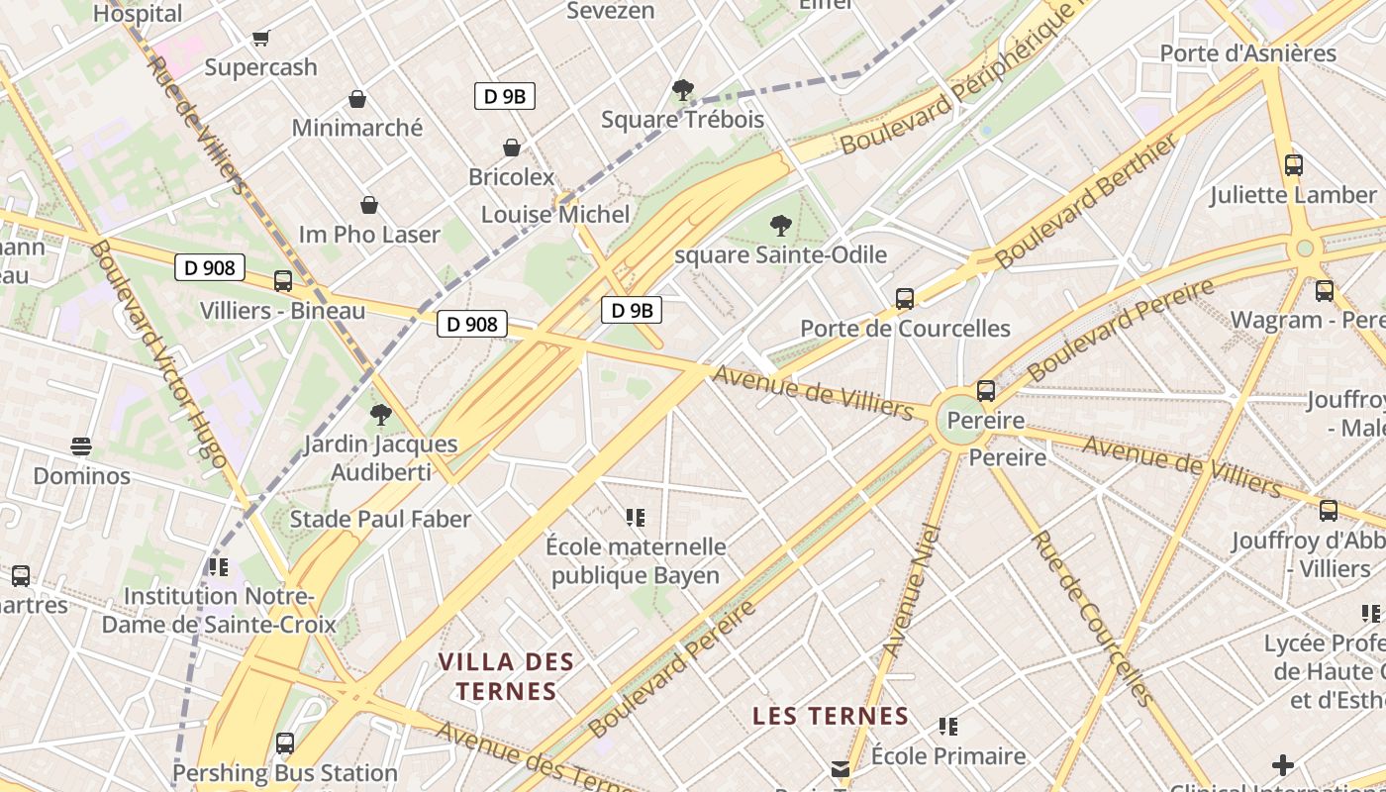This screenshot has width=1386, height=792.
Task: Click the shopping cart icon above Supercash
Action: pyautogui.click(x=260, y=39)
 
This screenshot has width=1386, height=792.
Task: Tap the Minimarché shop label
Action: pyautogui.click(x=356, y=128)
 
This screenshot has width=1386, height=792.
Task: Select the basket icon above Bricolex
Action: pyautogui.click(x=512, y=148)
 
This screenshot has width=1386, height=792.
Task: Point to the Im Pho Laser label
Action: pyautogui.click(x=369, y=235)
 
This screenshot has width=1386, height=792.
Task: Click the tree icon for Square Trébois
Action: pyautogui.click(x=682, y=90)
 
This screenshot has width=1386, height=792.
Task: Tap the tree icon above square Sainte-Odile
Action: pyautogui.click(x=780, y=226)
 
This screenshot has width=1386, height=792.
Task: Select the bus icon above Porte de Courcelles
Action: pyautogui.click(x=904, y=298)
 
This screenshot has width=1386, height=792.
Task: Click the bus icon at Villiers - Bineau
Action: pyautogui.click(x=283, y=281)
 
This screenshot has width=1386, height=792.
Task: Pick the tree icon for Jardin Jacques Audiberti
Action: pyautogui.click(x=380, y=415)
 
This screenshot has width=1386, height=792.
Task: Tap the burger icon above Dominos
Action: pyautogui.click(x=81, y=446)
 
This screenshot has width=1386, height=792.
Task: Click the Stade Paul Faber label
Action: pyautogui.click(x=380, y=519)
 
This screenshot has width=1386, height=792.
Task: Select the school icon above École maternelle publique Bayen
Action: pyautogui.click(x=636, y=517)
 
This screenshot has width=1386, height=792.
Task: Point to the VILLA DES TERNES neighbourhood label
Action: pyautogui.click(x=506, y=676)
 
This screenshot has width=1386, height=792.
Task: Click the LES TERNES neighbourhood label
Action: pyautogui.click(x=831, y=716)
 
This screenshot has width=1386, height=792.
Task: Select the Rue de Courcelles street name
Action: pyautogui.click(x=1092, y=619)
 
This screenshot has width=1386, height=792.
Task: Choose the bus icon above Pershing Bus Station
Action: pyautogui.click(x=285, y=742)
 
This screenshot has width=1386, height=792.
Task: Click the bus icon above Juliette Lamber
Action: pyautogui.click(x=1293, y=165)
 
